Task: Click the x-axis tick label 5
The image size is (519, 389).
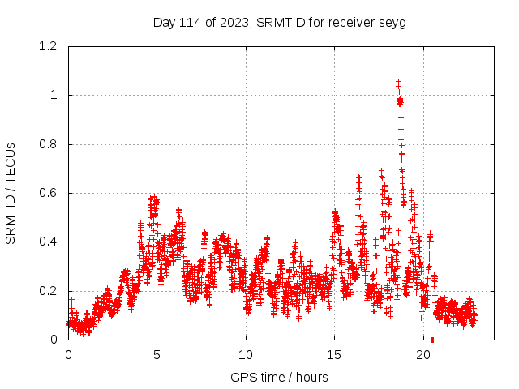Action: pyautogui.click(x=157, y=354)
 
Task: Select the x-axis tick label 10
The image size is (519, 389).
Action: pyautogui.click(x=246, y=354)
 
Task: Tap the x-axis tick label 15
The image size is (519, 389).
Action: pyautogui.click(x=335, y=354)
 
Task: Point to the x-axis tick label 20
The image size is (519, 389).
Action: pyautogui.click(x=423, y=354)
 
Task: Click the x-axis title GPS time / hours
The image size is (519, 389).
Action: pyautogui.click(x=279, y=377)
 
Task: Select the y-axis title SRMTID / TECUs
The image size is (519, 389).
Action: pyautogui.click(x=11, y=193)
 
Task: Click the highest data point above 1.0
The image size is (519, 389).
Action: pyautogui.click(x=398, y=81)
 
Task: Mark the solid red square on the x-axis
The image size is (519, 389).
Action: pyautogui.click(x=432, y=340)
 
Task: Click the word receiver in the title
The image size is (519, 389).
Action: pyautogui.click(x=354, y=23)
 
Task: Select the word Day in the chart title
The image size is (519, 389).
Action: pyautogui.click(x=164, y=23)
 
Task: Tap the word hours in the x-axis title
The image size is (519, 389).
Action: pyautogui.click(x=311, y=377)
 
